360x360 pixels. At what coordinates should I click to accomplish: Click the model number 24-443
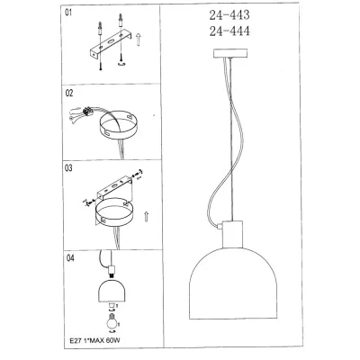pyautogui.click(x=229, y=14)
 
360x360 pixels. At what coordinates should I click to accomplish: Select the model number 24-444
pyautogui.click(x=229, y=31)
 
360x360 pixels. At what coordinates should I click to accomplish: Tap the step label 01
pyautogui.click(x=68, y=13)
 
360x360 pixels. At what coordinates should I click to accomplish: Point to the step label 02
pyautogui.click(x=69, y=94)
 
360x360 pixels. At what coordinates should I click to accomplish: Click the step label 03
pyautogui.click(x=68, y=168)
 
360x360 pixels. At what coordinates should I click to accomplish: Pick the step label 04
pyautogui.click(x=70, y=258)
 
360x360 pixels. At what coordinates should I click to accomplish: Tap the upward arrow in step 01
pyautogui.click(x=139, y=40)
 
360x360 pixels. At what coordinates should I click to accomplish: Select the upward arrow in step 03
pyautogui.click(x=146, y=216)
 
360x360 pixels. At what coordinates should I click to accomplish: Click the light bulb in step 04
pyautogui.click(x=112, y=321)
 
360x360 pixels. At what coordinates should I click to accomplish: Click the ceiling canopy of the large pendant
pyautogui.click(x=230, y=53)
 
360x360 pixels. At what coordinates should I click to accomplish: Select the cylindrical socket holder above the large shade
pyautogui.click(x=232, y=234)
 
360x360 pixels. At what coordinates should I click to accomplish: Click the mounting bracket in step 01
pyautogui.click(x=110, y=44)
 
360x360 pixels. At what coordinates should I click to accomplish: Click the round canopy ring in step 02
pyautogui.click(x=118, y=126)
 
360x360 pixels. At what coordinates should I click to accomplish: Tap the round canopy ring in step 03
pyautogui.click(x=114, y=211)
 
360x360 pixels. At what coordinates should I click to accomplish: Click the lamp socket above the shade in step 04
pyautogui.click(x=112, y=271)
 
